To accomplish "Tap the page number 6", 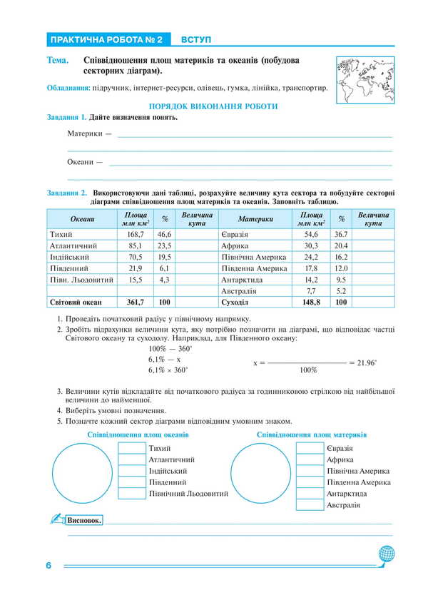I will [x=49, y=566].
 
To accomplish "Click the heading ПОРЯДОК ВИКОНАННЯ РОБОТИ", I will [x=213, y=106].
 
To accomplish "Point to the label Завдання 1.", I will [x=67, y=117].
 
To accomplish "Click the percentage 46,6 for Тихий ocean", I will [x=164, y=234].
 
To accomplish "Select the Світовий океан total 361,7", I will [x=136, y=302].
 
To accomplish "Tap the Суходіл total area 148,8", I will [x=310, y=302].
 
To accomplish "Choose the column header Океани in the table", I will [x=81, y=219].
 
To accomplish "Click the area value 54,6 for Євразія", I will [x=311, y=234].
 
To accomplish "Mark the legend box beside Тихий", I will [x=131, y=448].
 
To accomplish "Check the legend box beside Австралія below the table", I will [x=310, y=505].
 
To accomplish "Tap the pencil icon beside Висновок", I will [x=56, y=519].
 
